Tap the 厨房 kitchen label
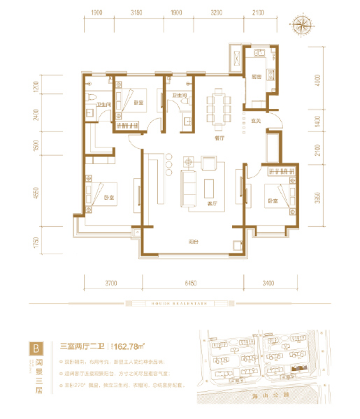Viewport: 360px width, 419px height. (x=256, y=77)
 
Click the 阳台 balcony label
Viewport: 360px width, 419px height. (x=192, y=242)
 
